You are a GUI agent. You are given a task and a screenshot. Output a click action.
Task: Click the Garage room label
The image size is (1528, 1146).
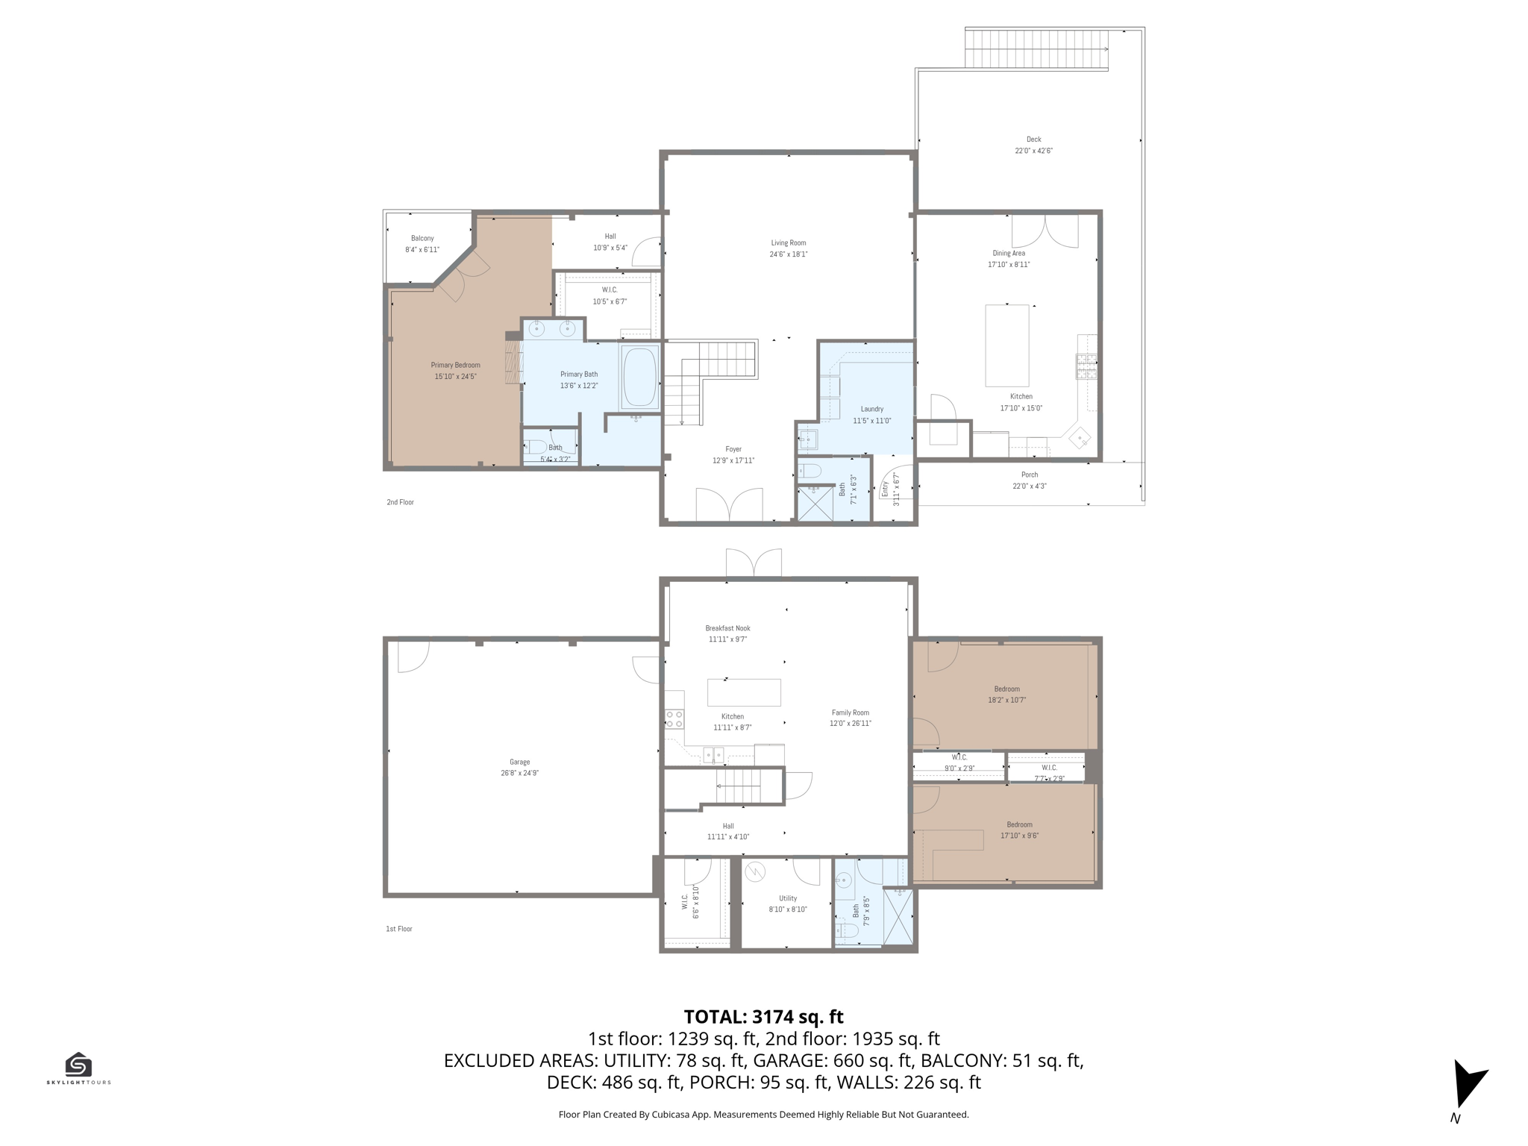[x=520, y=762]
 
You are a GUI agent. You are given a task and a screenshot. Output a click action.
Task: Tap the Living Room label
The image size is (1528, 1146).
[x=789, y=242]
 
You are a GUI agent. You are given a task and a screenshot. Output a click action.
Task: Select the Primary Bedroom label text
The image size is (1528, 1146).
[x=456, y=365]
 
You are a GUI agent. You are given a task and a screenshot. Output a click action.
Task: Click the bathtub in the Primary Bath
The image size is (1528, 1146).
[x=639, y=377]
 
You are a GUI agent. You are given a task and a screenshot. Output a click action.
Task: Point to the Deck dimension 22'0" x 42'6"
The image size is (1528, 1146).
[x=1033, y=151]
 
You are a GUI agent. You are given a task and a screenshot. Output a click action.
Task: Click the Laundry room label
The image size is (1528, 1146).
[x=872, y=409]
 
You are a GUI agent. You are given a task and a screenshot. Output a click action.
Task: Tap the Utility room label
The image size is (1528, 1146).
[x=788, y=898]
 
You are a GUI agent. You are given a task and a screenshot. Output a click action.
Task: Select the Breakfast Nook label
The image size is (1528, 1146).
[x=728, y=628]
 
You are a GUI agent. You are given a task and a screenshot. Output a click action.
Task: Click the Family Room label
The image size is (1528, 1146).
[x=851, y=713]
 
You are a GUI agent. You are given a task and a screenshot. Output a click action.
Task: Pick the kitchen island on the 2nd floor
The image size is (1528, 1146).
[x=1007, y=345]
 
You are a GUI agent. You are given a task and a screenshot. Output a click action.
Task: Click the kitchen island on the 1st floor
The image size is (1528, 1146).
[x=744, y=692]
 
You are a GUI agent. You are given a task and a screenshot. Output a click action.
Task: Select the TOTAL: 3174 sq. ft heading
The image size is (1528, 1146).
[x=764, y=1017]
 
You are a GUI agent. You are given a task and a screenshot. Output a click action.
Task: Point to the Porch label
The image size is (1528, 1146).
[x=1030, y=475]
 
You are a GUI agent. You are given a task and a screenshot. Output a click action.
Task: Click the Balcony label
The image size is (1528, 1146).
[x=422, y=238]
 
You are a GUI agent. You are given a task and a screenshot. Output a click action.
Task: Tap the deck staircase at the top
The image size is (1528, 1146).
[x=1036, y=49]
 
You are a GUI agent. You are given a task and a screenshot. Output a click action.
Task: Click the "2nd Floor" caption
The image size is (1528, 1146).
[x=400, y=502]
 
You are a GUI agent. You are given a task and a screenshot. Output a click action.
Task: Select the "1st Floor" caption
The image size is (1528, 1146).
[x=399, y=929]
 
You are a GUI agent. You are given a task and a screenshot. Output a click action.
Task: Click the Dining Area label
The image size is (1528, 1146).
[x=1009, y=253]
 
